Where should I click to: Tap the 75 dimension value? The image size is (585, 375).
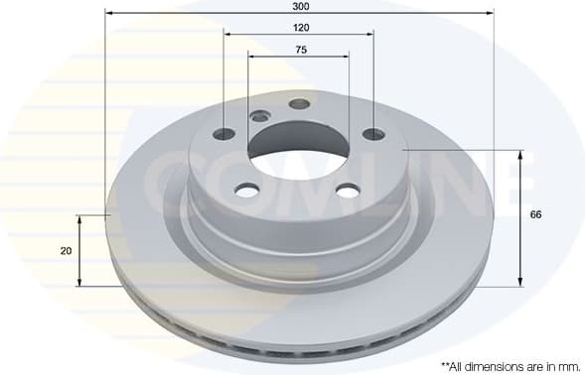point(299,49)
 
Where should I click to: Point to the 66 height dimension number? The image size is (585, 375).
point(536,215)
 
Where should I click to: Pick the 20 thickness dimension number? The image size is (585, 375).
point(66,251)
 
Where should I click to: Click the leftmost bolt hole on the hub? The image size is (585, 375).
point(224,134)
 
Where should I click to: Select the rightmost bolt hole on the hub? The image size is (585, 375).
point(373,134)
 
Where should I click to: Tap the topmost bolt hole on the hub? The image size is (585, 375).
point(299,103)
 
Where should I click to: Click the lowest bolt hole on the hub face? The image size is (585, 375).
point(347,189)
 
